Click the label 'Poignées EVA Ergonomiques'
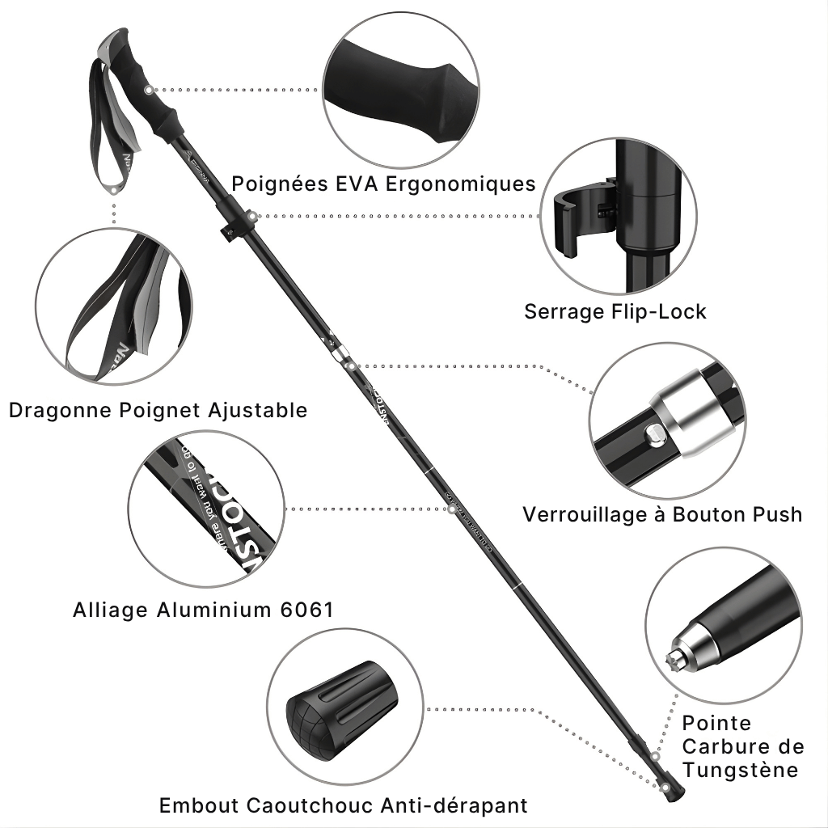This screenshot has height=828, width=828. pos(383,184)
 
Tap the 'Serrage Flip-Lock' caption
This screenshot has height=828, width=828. pos(615,311)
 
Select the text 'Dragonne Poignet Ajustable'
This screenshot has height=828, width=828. pos(158,410)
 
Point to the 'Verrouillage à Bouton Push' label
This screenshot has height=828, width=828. pos(662,514)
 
